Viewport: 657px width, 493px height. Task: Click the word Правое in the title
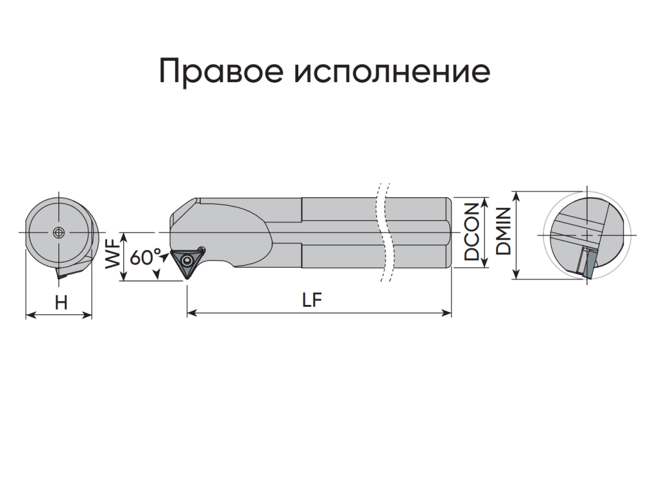[x=221, y=71]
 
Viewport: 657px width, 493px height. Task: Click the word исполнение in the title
[x=392, y=71]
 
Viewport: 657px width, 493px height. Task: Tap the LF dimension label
[x=312, y=300]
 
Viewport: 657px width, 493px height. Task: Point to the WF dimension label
[x=113, y=256]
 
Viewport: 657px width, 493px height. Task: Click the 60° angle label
[x=146, y=257]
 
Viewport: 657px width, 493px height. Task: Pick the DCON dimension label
[x=472, y=232]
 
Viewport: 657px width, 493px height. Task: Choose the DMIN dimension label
[x=503, y=231]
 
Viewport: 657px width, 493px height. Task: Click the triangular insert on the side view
[x=187, y=263]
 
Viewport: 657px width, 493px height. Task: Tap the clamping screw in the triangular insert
[x=186, y=262]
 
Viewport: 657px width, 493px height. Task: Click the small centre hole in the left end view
[x=58, y=232]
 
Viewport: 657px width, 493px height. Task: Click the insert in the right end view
[x=586, y=263]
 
